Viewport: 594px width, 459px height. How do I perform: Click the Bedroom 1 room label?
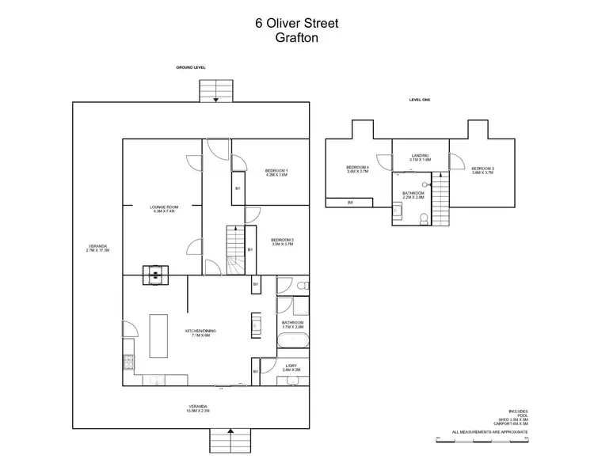[x=276, y=173]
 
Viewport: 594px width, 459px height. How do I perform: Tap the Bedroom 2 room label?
[x=282, y=242]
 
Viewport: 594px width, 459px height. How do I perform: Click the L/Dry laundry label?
[x=291, y=368]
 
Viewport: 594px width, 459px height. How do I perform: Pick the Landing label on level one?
[x=421, y=157]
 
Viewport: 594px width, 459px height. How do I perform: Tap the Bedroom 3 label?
[x=482, y=170]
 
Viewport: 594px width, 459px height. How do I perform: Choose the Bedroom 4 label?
[x=358, y=169]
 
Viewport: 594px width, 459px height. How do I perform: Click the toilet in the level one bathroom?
[x=425, y=218]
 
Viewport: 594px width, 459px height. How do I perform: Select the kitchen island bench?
[x=159, y=336]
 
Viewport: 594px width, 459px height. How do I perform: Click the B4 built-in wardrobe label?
[x=351, y=203]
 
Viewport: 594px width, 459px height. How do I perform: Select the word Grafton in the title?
[x=296, y=37]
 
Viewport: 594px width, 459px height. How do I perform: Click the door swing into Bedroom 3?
[x=456, y=161]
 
